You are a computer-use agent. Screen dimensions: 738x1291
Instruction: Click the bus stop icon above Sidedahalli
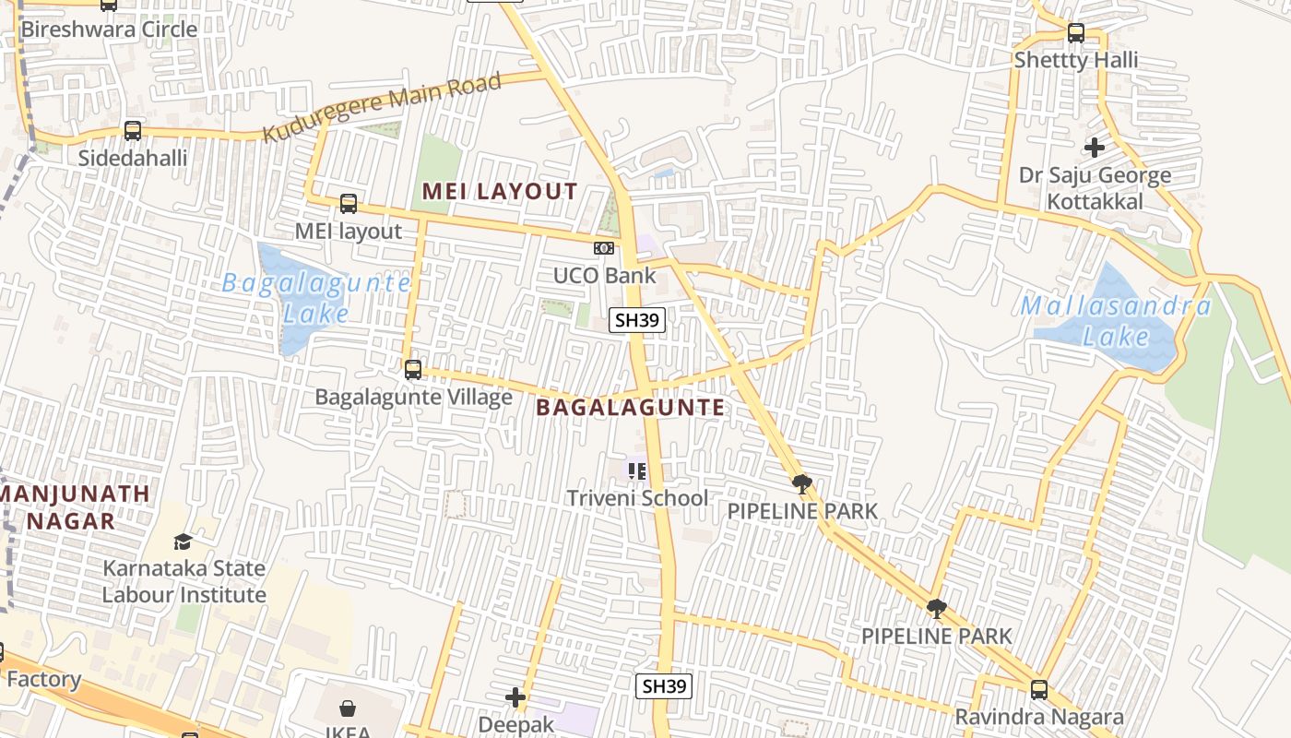point(133,131)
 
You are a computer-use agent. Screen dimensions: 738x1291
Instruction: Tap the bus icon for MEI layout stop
point(349,204)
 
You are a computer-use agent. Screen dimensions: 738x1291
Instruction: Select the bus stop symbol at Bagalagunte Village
point(413,370)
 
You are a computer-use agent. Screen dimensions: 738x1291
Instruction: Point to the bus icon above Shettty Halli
point(1076,34)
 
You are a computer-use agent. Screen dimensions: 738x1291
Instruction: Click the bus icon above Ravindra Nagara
point(1039,689)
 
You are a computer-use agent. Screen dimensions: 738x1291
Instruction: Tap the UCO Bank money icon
point(604,248)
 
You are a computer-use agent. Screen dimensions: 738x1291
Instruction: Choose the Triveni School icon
point(636,471)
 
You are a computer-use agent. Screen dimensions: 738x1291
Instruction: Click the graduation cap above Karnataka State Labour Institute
point(183,542)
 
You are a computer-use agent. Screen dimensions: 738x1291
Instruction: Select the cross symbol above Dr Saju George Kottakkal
point(1095,147)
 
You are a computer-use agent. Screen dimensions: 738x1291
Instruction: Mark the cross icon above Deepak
point(515,697)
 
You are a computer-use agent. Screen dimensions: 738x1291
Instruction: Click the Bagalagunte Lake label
point(315,297)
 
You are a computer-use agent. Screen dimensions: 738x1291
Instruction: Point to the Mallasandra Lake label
point(1116,320)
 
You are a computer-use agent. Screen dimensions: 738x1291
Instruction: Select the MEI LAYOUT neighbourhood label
point(500,192)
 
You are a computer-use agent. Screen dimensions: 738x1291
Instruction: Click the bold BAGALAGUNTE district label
point(631,408)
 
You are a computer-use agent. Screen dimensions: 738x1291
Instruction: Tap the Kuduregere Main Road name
point(382,108)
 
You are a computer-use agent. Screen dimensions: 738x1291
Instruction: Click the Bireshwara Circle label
point(109,30)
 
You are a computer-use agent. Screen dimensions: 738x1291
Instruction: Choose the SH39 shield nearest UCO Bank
point(637,320)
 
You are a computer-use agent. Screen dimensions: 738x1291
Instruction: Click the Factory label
point(43,680)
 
